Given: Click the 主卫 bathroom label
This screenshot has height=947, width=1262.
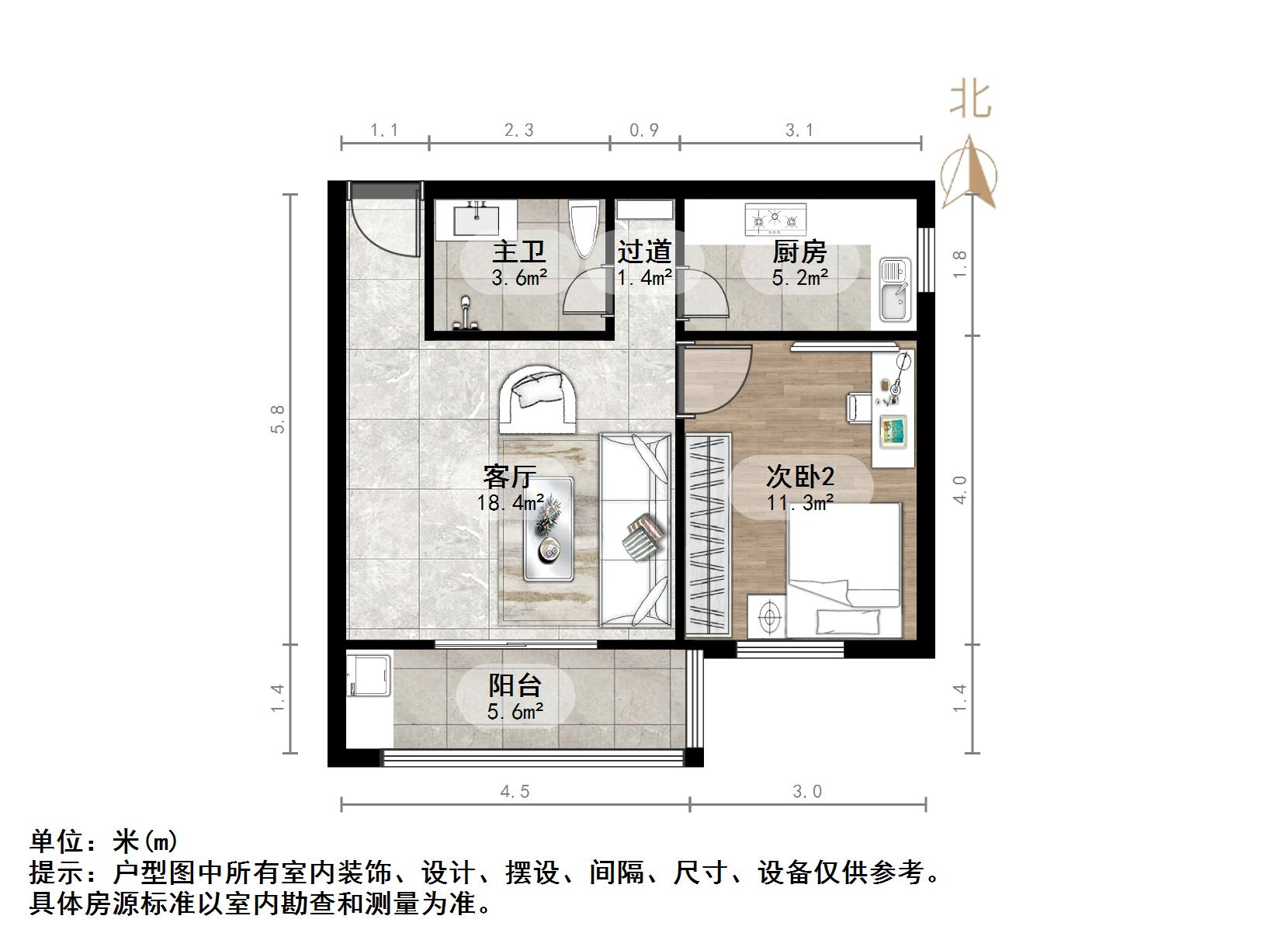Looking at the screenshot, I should click(x=519, y=252).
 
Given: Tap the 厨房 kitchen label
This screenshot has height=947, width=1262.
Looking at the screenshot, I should click(x=799, y=252).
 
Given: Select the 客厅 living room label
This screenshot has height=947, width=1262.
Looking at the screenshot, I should click(x=509, y=476).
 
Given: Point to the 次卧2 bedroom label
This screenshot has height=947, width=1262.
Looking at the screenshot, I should click(x=799, y=476).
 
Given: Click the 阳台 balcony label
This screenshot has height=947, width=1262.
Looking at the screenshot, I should click(x=515, y=685).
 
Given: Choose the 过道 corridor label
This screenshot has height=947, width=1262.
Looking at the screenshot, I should click(x=644, y=252).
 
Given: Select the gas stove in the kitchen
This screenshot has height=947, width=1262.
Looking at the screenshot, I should click(x=775, y=220).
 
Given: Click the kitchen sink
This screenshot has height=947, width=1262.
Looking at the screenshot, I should click(x=896, y=289).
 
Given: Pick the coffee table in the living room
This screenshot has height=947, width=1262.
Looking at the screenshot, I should click(x=548, y=528).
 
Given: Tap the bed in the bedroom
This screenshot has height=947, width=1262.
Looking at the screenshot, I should click(x=844, y=571).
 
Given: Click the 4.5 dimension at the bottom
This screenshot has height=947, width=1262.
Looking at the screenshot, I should click(x=515, y=792).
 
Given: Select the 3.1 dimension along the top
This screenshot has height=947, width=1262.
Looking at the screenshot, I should click(x=799, y=130).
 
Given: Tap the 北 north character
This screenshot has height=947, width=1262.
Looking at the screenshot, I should click(x=970, y=99).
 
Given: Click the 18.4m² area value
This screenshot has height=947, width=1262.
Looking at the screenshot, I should click(x=510, y=503).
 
